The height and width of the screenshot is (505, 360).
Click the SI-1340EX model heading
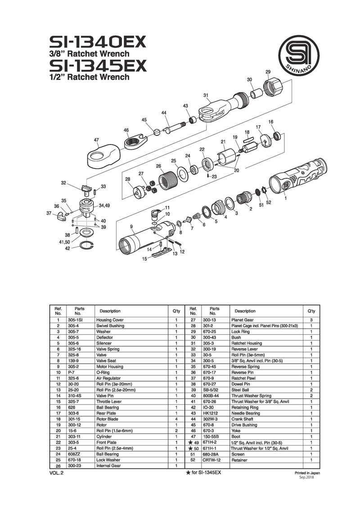98,42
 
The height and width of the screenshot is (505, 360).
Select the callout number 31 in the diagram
206,95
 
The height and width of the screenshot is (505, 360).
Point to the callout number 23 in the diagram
214,177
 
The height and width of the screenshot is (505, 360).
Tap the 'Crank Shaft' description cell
242,419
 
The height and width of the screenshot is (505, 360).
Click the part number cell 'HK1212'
210,413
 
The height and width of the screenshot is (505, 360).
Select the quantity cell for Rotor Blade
176,419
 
